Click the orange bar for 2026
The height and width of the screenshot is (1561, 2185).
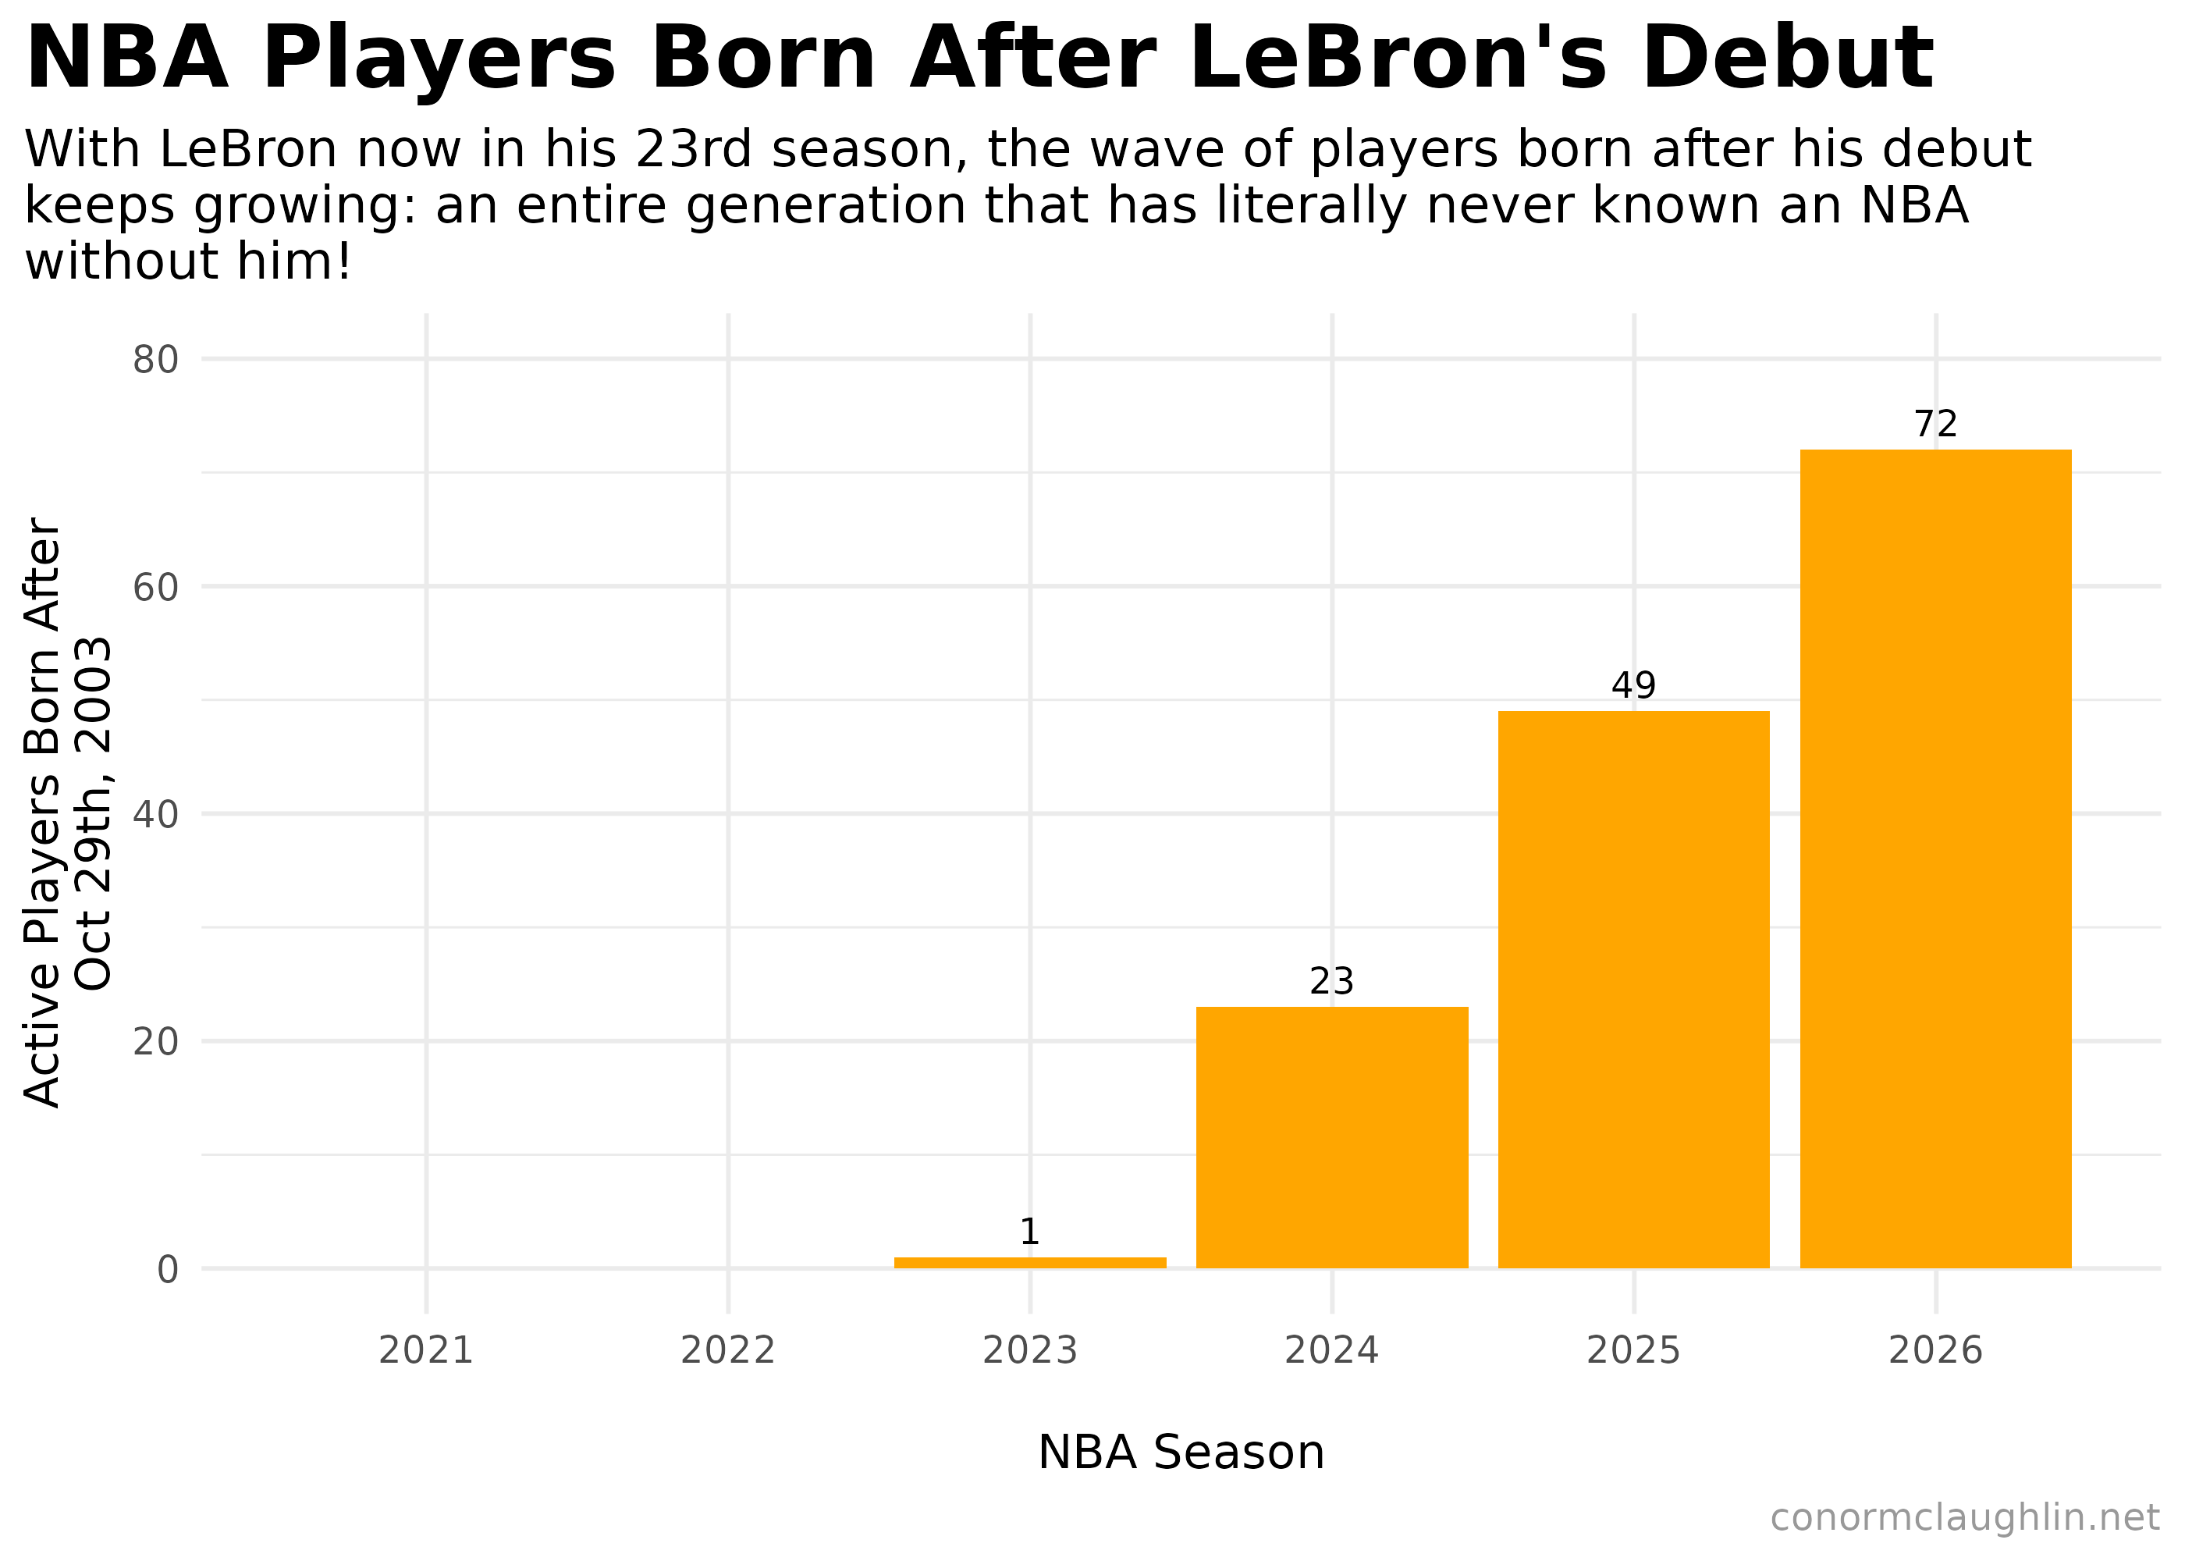click(x=1935, y=859)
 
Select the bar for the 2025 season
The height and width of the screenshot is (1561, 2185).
click(x=1633, y=989)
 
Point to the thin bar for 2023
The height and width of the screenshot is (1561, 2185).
click(x=1030, y=1262)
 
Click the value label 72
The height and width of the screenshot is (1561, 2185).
click(x=1935, y=424)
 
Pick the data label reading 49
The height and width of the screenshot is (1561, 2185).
click(x=1633, y=686)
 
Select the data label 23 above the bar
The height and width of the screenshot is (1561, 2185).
click(x=1332, y=981)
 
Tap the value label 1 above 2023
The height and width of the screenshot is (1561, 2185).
click(x=1030, y=1232)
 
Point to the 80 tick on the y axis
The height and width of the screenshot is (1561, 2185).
click(x=155, y=361)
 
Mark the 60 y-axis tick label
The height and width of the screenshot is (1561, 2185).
click(x=155, y=587)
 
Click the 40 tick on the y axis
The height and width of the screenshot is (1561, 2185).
click(x=155, y=815)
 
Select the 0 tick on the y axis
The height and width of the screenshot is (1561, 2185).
click(x=168, y=1270)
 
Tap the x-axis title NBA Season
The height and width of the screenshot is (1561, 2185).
click(x=1181, y=1453)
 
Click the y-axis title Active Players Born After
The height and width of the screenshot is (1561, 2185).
click(x=43, y=813)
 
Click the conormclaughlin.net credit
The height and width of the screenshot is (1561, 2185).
click(x=1965, y=1518)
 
